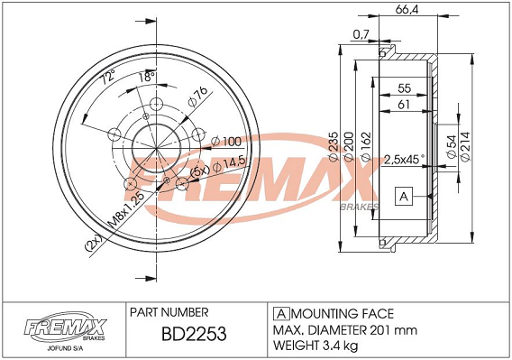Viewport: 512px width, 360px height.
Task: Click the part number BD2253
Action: [194, 334]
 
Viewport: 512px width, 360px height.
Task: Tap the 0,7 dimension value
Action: [361, 33]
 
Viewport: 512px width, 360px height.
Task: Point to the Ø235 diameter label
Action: [334, 146]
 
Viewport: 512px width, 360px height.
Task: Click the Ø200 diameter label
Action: [349, 146]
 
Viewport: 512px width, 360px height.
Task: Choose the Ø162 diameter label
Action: [366, 146]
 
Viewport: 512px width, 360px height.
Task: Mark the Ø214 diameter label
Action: [465, 146]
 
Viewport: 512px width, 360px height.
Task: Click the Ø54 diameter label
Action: [452, 146]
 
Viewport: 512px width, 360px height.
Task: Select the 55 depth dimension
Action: [404, 88]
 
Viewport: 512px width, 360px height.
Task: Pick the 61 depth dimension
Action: [404, 105]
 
